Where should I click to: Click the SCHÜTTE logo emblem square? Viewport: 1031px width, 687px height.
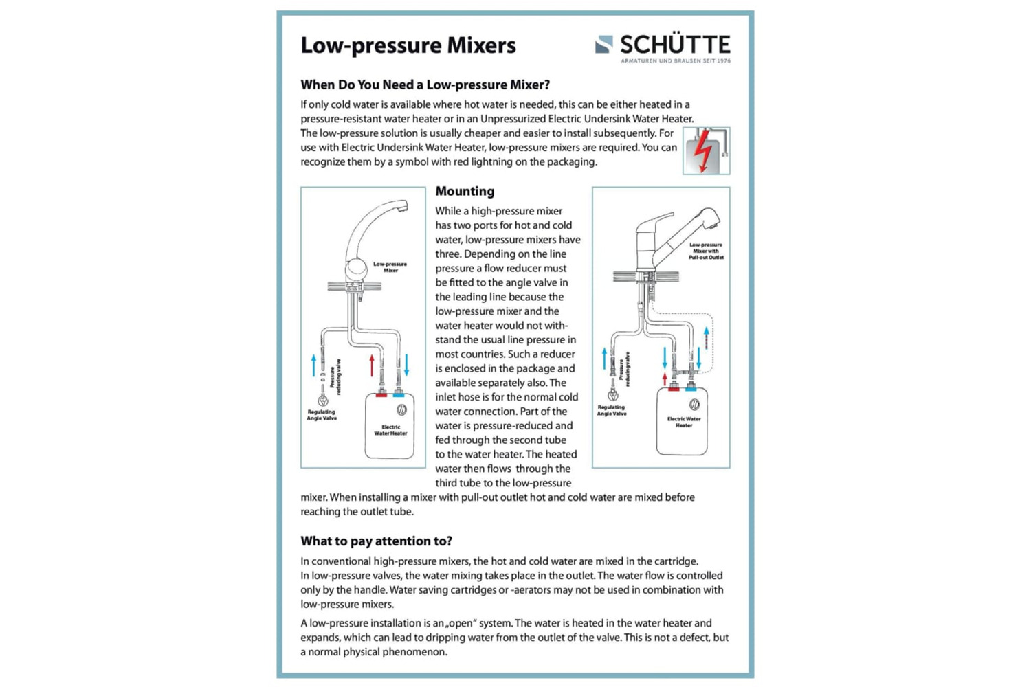click(603, 45)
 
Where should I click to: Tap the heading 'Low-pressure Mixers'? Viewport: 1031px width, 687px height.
click(408, 45)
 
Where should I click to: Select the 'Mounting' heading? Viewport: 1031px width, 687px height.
click(465, 191)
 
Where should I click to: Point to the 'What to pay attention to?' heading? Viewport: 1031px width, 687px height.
click(376, 541)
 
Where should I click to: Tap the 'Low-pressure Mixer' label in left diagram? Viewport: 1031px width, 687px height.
click(390, 267)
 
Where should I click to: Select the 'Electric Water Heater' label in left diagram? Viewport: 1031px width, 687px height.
click(390, 430)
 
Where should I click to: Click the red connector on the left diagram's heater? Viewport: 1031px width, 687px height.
click(381, 394)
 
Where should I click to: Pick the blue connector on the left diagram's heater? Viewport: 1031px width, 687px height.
click(399, 394)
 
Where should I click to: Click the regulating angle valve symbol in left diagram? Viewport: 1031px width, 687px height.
click(323, 400)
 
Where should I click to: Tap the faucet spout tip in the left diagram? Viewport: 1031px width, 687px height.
click(403, 207)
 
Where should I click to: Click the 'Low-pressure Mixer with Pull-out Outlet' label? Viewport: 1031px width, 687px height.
click(706, 251)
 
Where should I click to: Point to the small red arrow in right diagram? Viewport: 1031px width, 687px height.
click(665, 379)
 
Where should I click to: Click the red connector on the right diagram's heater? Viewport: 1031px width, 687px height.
click(674, 389)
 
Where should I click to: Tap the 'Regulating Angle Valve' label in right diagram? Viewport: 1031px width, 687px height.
click(612, 410)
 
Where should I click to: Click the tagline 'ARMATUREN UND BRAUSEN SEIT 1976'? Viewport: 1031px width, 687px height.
click(676, 61)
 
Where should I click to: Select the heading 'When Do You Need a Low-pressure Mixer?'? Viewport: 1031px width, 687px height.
click(425, 85)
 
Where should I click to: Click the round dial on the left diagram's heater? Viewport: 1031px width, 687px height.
click(402, 410)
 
